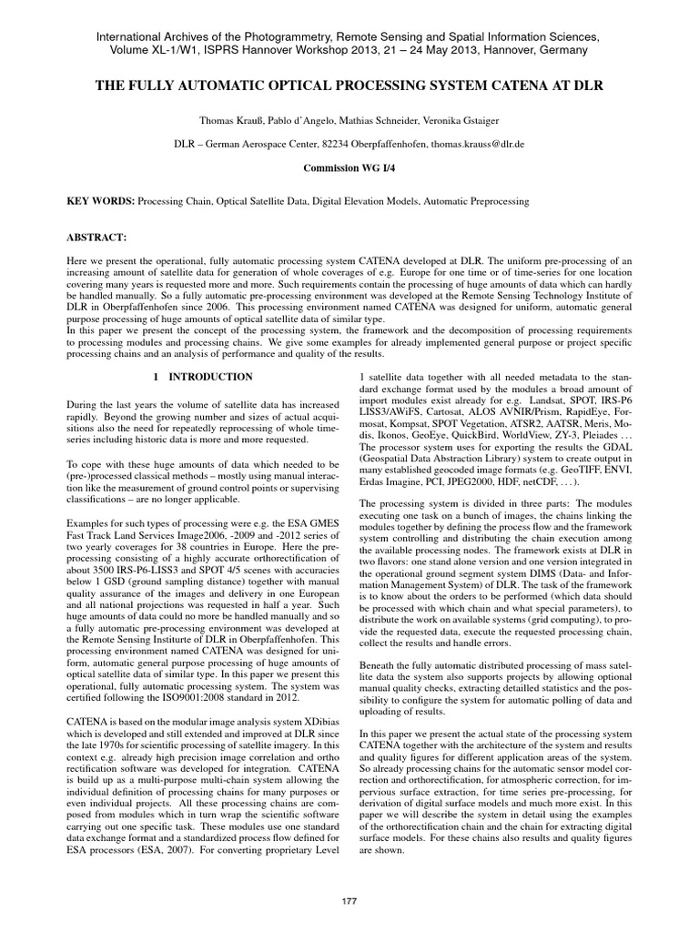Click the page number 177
349,899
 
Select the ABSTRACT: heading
93,237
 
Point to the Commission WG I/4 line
349,168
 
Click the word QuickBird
498,435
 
